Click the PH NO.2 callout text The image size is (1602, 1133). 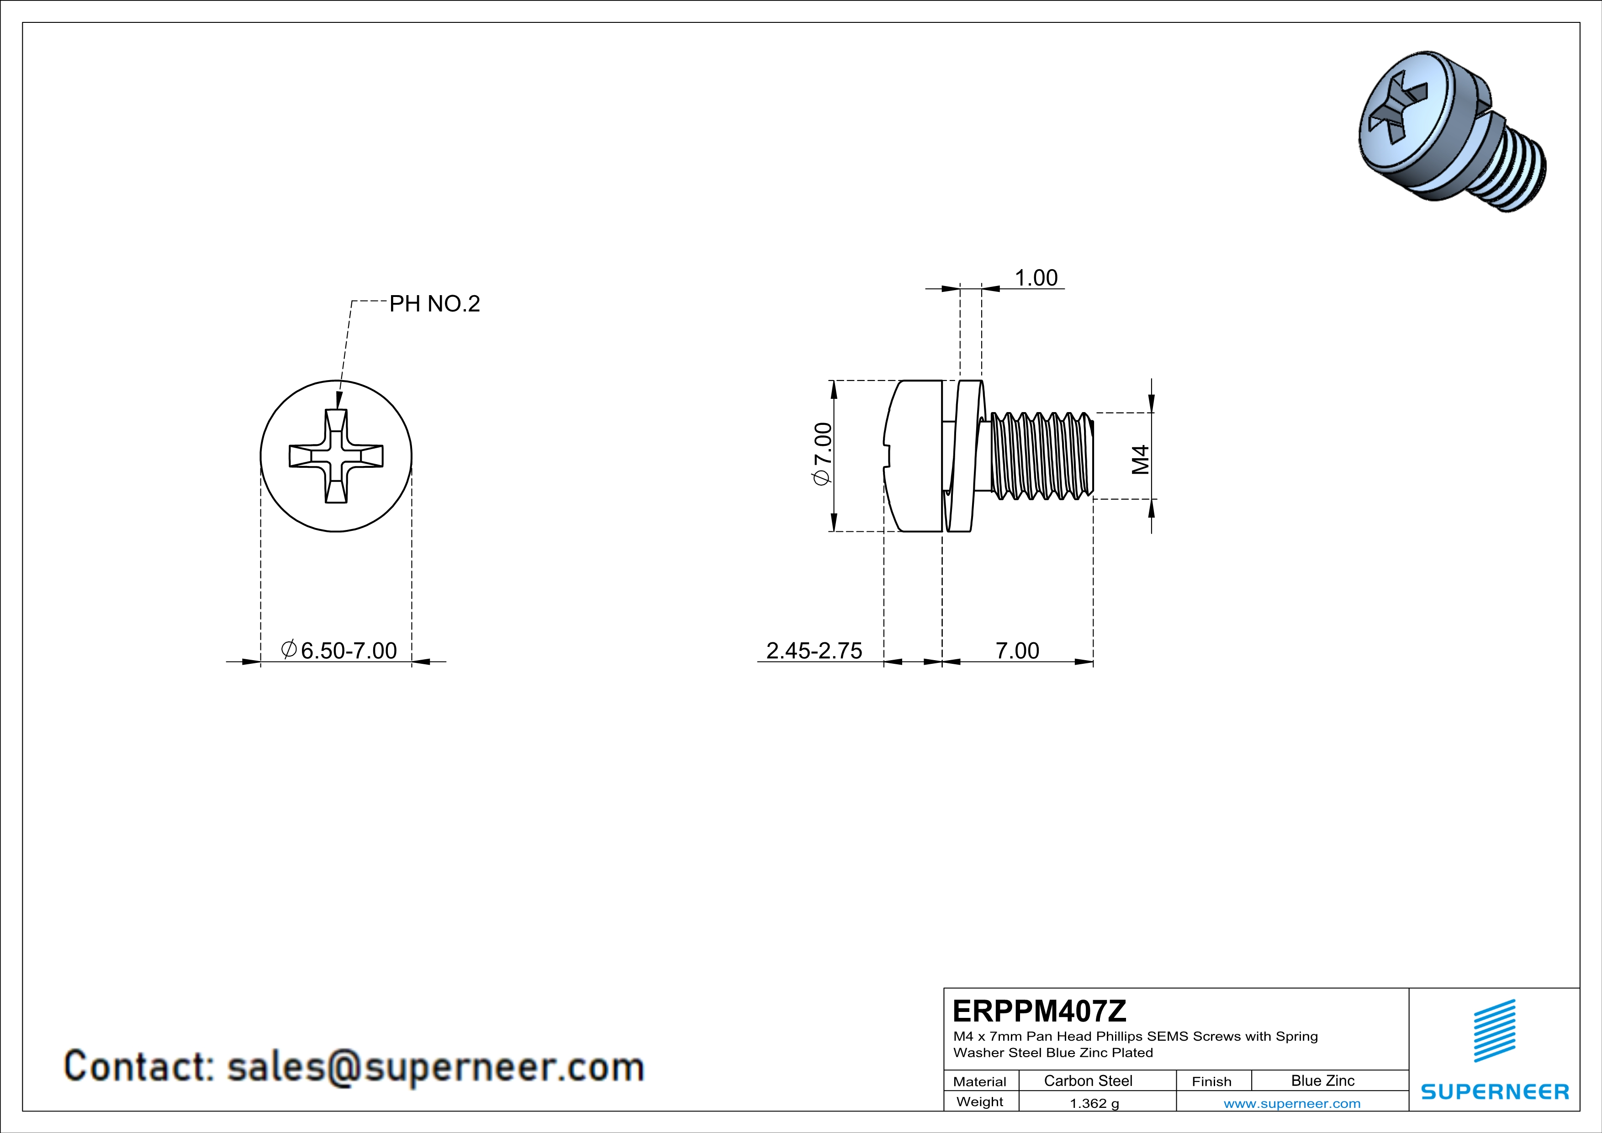click(x=434, y=303)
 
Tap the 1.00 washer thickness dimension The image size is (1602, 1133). click(x=1036, y=278)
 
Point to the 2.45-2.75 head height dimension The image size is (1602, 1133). click(x=814, y=650)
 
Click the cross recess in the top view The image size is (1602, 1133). click(x=336, y=455)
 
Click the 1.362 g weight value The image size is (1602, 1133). click(x=1094, y=1103)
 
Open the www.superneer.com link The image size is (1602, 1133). click(x=1291, y=1103)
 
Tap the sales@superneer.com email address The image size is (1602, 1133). click(x=435, y=1067)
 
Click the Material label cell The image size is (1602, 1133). click(x=980, y=1081)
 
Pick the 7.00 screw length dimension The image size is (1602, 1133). click(x=1016, y=650)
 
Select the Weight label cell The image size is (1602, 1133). click(x=980, y=1101)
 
